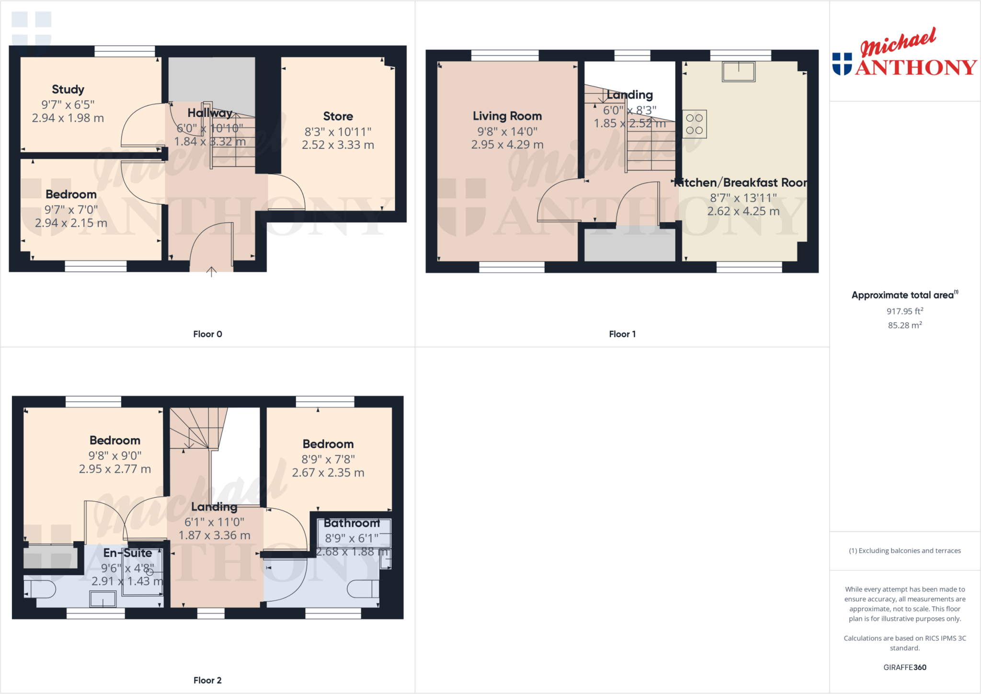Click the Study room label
(x=68, y=90)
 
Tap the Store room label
(x=338, y=116)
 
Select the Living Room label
(x=507, y=116)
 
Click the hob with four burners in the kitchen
(x=694, y=124)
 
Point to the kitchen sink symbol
(x=739, y=72)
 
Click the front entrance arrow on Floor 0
(x=211, y=272)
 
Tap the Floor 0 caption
(x=207, y=334)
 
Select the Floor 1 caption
(x=622, y=334)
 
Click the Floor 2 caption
(x=207, y=681)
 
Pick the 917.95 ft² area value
(x=904, y=311)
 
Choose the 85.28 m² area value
(x=904, y=325)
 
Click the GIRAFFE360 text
(x=904, y=668)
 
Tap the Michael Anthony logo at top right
(x=904, y=53)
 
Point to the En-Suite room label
(x=127, y=553)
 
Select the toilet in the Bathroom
(x=363, y=589)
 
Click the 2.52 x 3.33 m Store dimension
(x=338, y=145)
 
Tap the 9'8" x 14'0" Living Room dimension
(x=507, y=131)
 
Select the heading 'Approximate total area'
(x=903, y=296)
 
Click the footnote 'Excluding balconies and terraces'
(x=905, y=551)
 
